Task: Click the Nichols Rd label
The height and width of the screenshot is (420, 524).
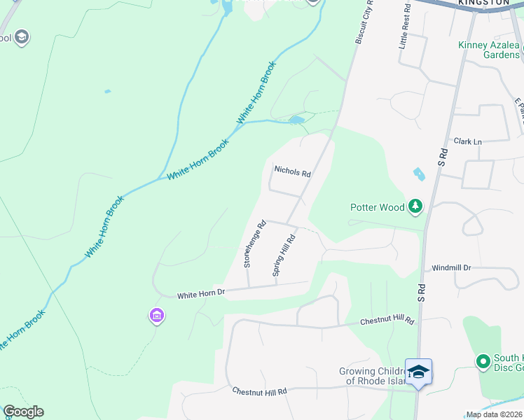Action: tap(292, 170)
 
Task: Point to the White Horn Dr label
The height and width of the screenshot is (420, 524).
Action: tap(200, 295)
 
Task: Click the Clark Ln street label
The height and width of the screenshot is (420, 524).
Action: tap(468, 141)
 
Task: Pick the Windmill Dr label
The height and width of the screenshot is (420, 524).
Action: tap(452, 267)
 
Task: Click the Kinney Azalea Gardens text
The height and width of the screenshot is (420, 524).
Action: tap(489, 50)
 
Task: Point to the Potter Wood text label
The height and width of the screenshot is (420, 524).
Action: tap(378, 207)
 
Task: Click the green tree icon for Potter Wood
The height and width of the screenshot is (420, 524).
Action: tap(416, 206)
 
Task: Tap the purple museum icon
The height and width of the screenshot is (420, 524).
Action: tap(156, 316)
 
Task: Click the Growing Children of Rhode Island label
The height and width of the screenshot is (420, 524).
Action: tap(372, 376)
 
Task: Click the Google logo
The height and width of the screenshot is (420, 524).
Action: tap(23, 412)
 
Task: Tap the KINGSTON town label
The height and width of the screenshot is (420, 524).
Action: tap(483, 3)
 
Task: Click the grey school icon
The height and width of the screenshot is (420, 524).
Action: tap(21, 37)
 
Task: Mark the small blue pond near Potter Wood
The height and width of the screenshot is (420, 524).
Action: tap(420, 174)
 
